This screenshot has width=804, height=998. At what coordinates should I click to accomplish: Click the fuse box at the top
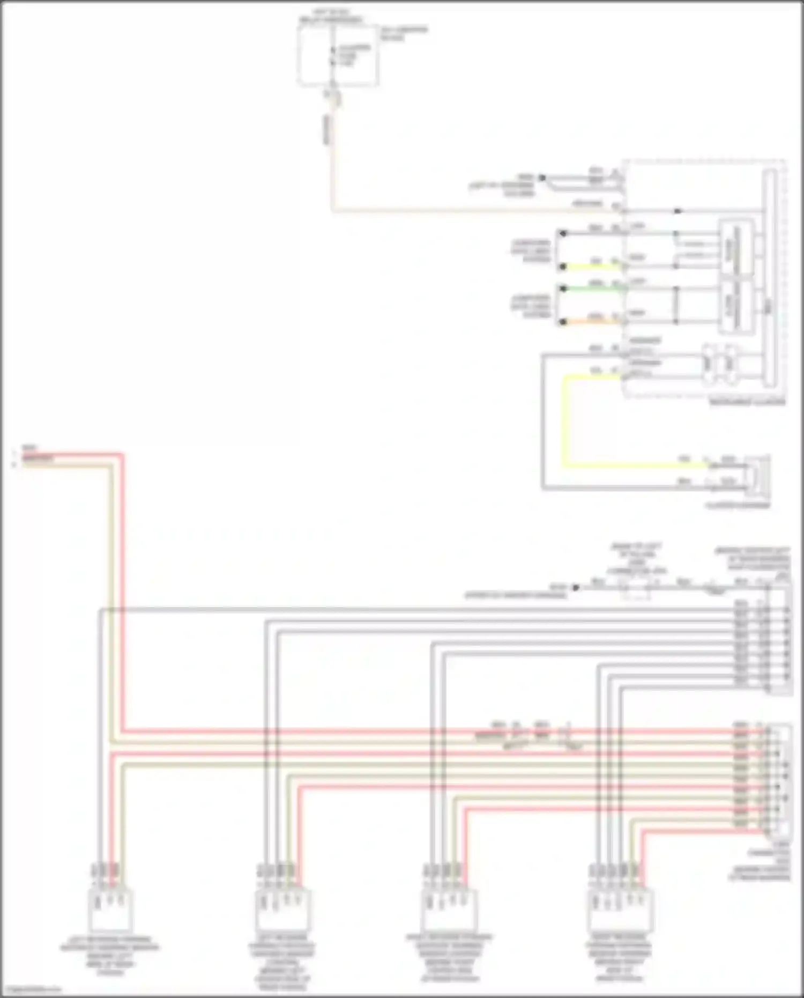(338, 56)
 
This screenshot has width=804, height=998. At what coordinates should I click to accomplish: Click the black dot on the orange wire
(562, 322)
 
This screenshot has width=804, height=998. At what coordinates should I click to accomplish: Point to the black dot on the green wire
(562, 289)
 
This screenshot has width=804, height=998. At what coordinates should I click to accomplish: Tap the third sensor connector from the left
(449, 910)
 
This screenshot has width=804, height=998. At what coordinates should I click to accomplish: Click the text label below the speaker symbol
(738, 505)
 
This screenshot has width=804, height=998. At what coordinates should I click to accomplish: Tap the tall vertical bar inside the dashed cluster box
(770, 279)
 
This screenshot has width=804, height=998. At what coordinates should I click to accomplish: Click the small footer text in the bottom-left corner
(31, 989)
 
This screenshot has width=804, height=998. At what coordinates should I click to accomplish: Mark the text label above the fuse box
(330, 17)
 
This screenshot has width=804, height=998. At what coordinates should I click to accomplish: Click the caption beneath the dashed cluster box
(747, 402)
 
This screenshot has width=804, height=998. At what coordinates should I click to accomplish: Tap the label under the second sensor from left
(282, 963)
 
